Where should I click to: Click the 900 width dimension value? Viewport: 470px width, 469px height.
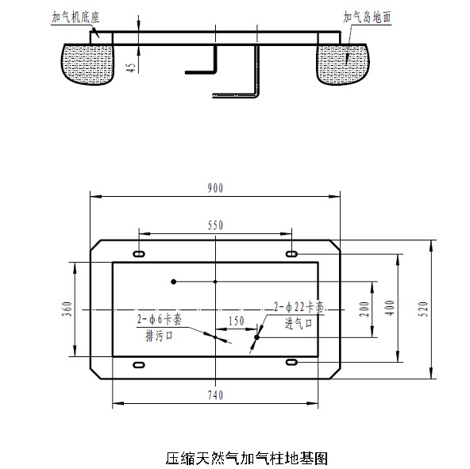tap(216, 188)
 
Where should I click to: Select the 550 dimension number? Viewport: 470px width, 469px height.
tap(216, 225)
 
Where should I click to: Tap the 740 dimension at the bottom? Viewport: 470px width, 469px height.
tap(216, 394)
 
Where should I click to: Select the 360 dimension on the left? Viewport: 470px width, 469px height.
tap(67, 308)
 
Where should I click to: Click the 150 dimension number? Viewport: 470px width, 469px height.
tap(235, 321)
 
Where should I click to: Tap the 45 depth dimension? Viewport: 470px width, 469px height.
tap(131, 67)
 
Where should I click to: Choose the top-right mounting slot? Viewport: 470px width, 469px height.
tap(292, 253)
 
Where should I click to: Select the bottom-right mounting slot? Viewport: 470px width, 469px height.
tap(292, 363)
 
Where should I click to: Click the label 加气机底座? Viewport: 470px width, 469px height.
tap(81, 15)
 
